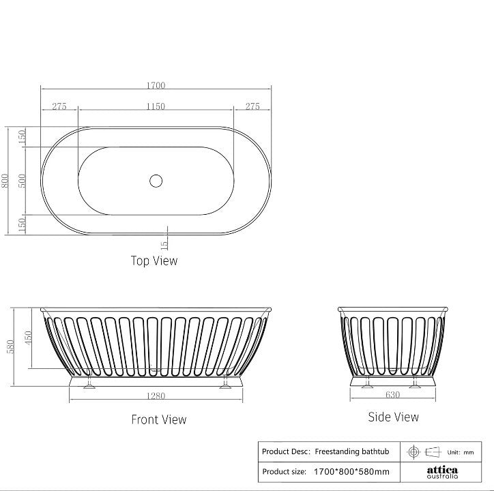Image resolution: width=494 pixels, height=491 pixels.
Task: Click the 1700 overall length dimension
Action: pyautogui.click(x=156, y=85)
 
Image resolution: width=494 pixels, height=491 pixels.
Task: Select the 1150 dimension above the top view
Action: pyautogui.click(x=156, y=106)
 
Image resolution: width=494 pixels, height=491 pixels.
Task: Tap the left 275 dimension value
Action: pyautogui.click(x=59, y=106)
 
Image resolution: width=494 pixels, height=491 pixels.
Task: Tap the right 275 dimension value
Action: pyautogui.click(x=252, y=106)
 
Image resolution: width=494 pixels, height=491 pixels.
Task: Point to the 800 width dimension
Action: pyautogui.click(x=6, y=181)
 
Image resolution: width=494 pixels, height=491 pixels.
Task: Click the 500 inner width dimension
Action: pyautogui.click(x=22, y=181)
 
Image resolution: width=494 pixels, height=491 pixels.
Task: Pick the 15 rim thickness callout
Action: pyautogui.click(x=164, y=243)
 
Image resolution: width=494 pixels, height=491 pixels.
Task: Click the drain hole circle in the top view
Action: pyautogui.click(x=156, y=181)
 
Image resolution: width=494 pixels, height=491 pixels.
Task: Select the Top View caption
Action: pyautogui.click(x=154, y=261)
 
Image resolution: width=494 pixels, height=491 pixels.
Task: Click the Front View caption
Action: pyautogui.click(x=158, y=419)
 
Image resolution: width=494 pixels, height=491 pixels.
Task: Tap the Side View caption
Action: pyautogui.click(x=393, y=417)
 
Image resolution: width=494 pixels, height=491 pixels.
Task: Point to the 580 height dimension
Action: pyautogui.click(x=10, y=346)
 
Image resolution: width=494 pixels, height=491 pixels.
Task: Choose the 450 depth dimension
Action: pyautogui.click(x=28, y=338)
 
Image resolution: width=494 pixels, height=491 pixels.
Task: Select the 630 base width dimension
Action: pyautogui.click(x=392, y=393)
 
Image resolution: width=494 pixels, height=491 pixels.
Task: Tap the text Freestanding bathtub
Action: pyautogui.click(x=351, y=451)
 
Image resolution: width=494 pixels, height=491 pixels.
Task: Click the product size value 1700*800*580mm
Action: pyautogui.click(x=351, y=471)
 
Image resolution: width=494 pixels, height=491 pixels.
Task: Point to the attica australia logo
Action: pyautogui.click(x=442, y=472)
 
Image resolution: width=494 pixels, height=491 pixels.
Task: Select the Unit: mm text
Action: pyautogui.click(x=460, y=452)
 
